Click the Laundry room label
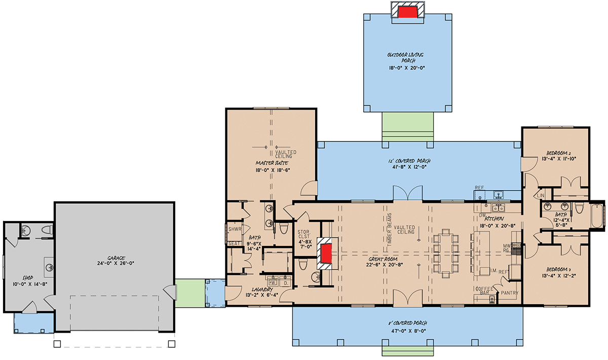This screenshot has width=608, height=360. point(263,289)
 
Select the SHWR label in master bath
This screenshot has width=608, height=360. point(234,229)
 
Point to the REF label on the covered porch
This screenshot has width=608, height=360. point(479,188)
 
